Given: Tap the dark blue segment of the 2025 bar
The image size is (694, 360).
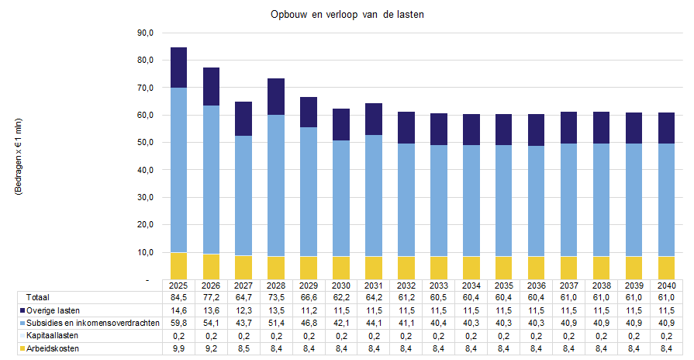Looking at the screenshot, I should click(x=178, y=67).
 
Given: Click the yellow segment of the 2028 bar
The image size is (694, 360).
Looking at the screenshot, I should click(x=276, y=267).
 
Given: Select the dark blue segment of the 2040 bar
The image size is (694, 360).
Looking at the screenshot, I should click(x=667, y=128).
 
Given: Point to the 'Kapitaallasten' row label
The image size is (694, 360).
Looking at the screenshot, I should click(x=53, y=336).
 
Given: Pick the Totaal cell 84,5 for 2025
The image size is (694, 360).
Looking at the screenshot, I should click(x=178, y=297).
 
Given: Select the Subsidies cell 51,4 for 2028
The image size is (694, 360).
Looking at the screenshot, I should click(x=276, y=323).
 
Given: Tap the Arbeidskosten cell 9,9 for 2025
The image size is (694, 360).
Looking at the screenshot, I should click(x=178, y=349).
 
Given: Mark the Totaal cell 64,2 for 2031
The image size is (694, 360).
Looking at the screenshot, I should click(x=374, y=297).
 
